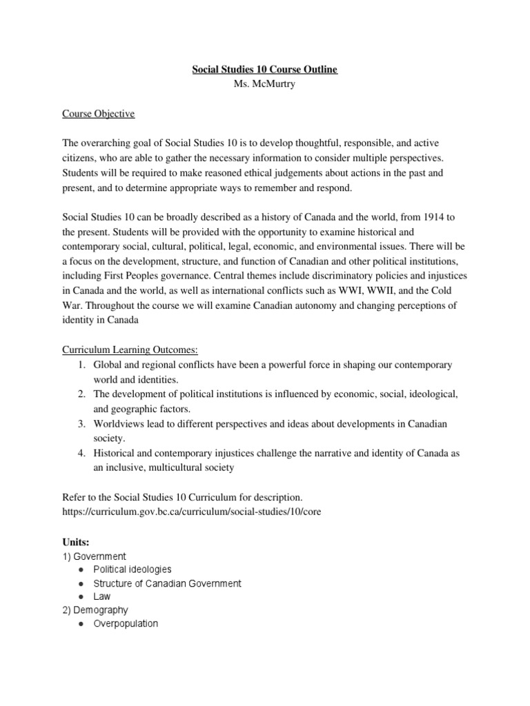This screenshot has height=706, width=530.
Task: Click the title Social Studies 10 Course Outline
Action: (x=264, y=70)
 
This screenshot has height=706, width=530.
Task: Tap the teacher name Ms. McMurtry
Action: (x=264, y=84)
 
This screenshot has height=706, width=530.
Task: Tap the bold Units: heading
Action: (x=75, y=542)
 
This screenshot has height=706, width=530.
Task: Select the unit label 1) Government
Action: (x=94, y=556)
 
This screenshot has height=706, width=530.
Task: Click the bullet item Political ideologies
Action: (x=132, y=569)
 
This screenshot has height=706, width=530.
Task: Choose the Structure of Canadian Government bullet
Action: (x=167, y=583)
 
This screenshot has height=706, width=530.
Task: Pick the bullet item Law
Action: (x=101, y=596)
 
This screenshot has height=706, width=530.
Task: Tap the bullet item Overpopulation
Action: (x=126, y=623)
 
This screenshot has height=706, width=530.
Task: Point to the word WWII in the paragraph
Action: (x=386, y=290)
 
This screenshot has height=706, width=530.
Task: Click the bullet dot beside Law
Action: (x=82, y=597)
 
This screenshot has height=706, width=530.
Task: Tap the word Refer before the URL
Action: (x=74, y=497)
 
